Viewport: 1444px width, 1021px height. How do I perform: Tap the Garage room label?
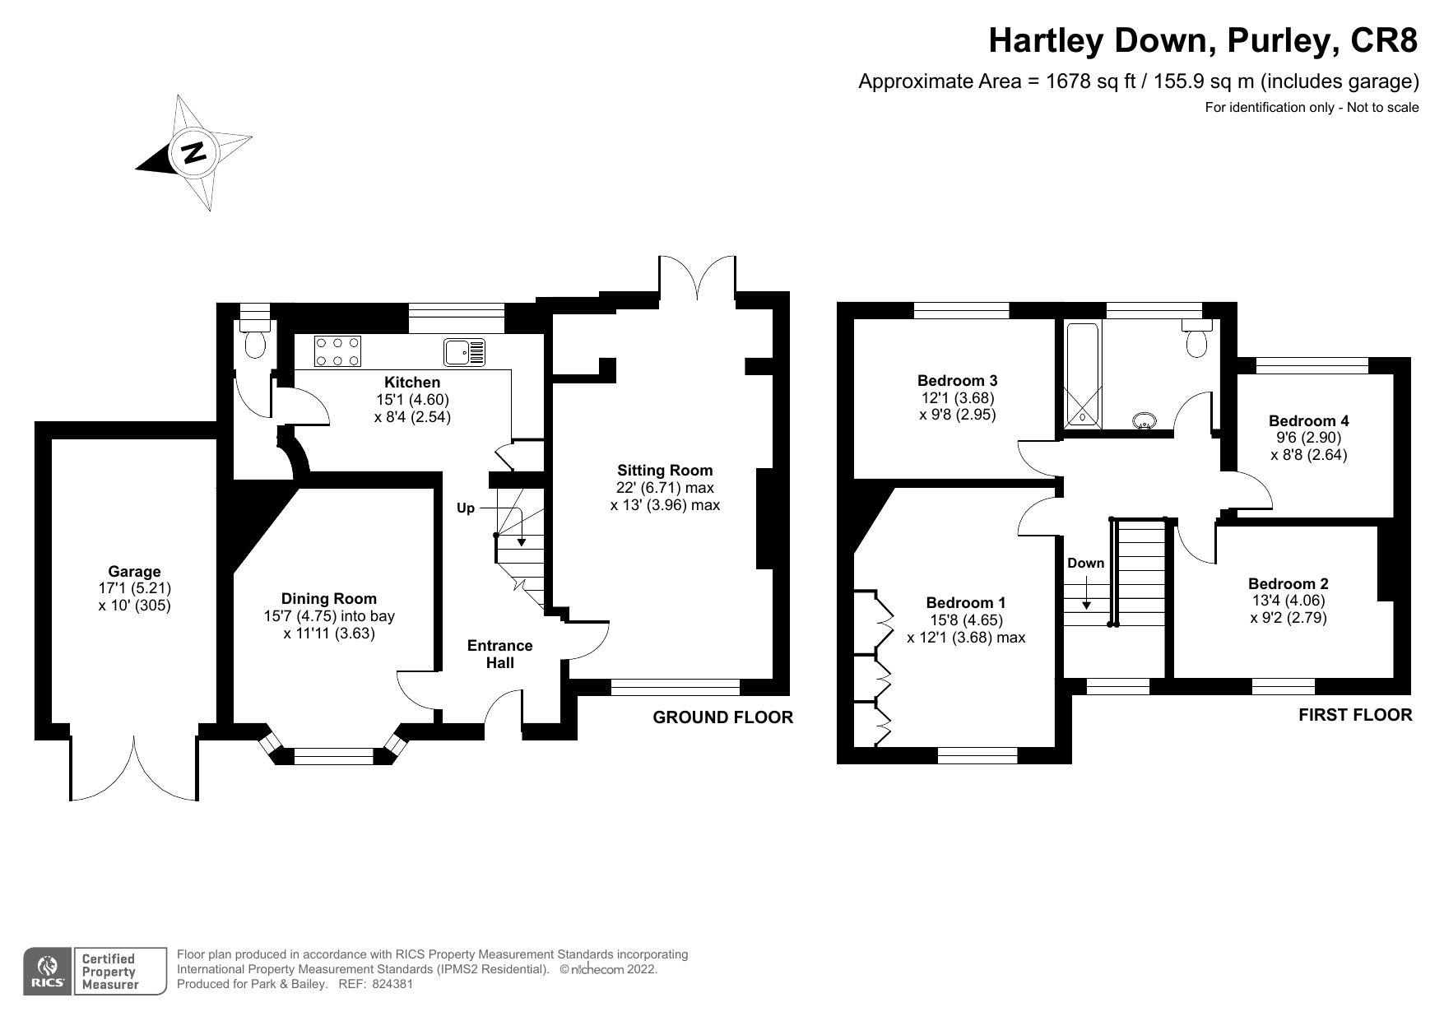[134, 572]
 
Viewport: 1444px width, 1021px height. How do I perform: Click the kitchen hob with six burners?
[337, 352]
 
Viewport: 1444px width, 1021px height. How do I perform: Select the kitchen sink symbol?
[466, 352]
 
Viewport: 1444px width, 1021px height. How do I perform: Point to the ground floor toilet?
[257, 344]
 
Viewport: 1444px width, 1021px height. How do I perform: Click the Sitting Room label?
[665, 471]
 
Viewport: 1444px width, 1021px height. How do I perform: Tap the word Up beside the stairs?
[466, 508]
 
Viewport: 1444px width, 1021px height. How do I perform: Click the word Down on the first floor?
[1085, 564]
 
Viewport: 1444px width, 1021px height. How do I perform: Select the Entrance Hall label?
[499, 654]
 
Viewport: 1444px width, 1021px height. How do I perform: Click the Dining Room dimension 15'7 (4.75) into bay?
[328, 616]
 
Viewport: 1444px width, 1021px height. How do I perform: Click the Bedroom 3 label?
[957, 381]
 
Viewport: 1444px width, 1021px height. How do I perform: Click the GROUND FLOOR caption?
[722, 717]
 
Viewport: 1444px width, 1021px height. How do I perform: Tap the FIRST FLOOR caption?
[1354, 715]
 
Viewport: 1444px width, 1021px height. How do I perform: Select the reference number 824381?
[392, 984]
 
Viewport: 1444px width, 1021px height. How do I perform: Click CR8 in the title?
[1383, 40]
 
